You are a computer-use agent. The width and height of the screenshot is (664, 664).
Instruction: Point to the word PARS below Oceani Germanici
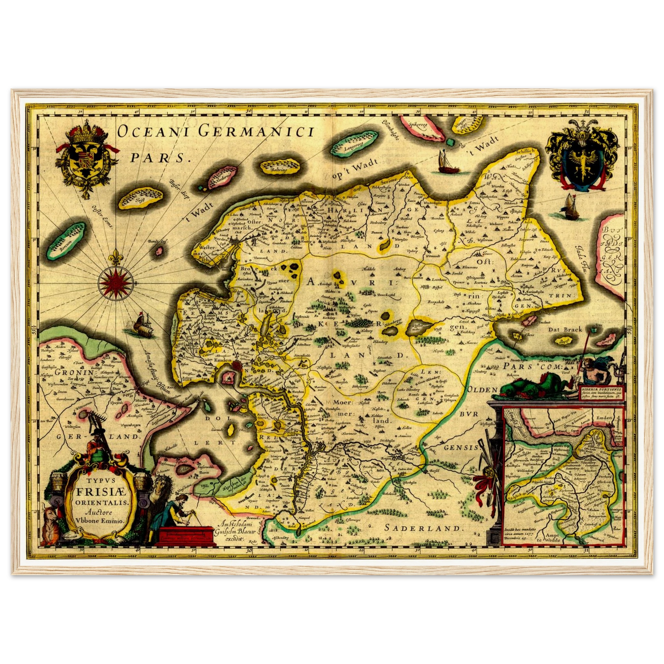point(159,157)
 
